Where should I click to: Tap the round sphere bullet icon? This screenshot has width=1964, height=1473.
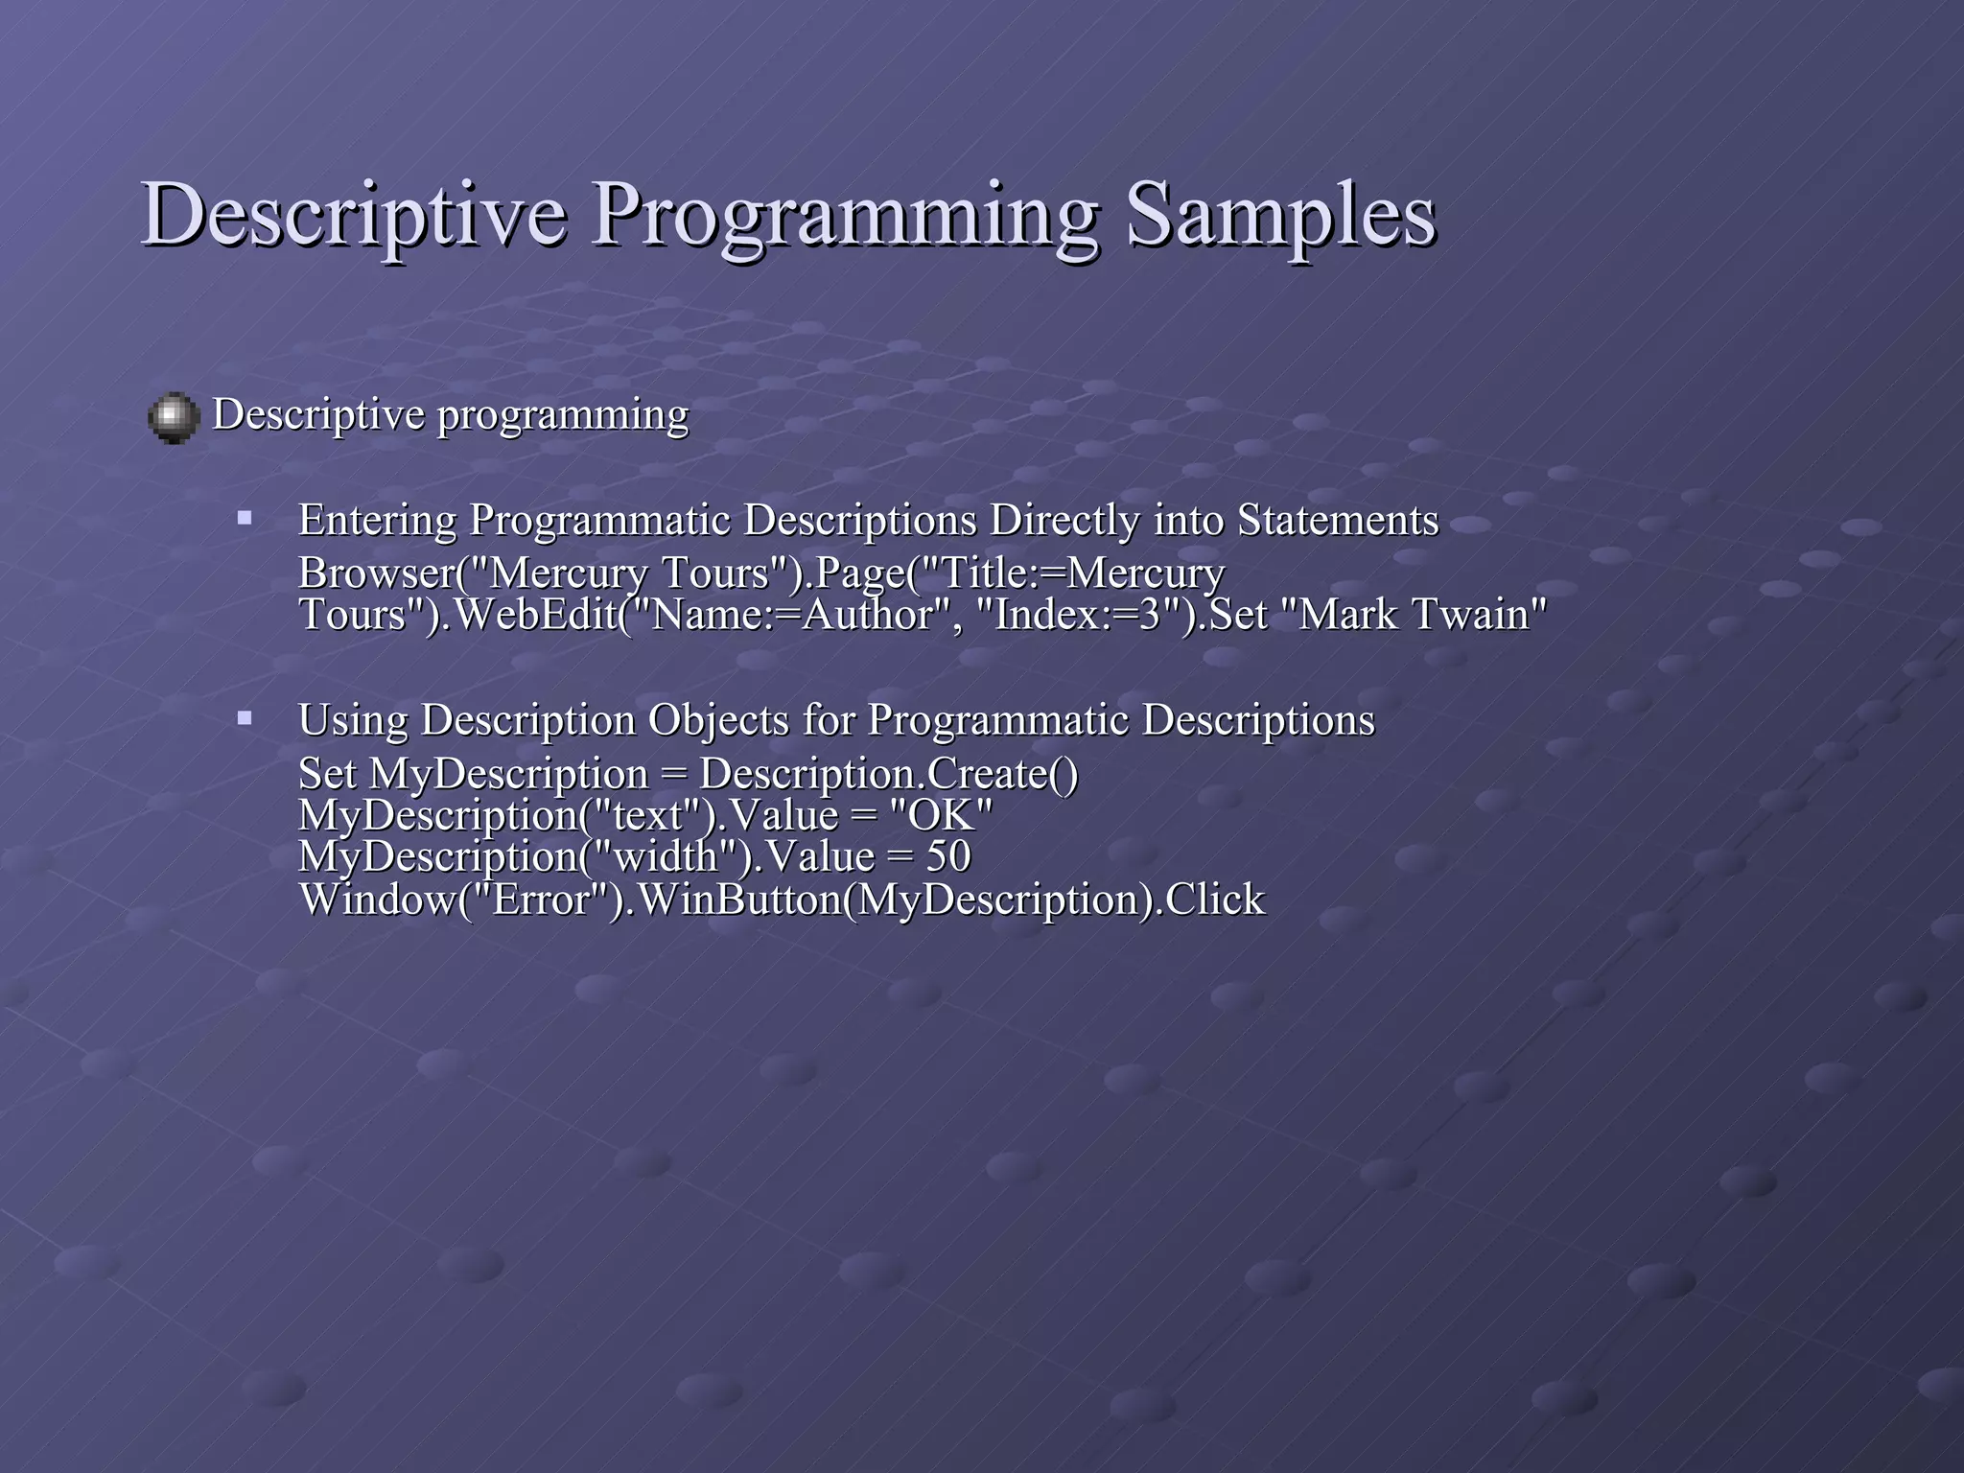pyautogui.click(x=174, y=418)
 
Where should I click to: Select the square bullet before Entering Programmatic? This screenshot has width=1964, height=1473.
pyautogui.click(x=245, y=519)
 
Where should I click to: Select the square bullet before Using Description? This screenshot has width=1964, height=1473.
pyautogui.click(x=245, y=717)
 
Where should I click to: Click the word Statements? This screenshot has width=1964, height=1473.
pyautogui.click(x=1338, y=521)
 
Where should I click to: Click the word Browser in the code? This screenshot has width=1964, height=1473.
pyautogui.click(x=375, y=573)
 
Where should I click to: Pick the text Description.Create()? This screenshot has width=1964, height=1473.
pyautogui.click(x=888, y=774)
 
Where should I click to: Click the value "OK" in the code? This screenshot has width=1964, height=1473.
pyautogui.click(x=941, y=816)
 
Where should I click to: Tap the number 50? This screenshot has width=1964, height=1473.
pyautogui.click(x=948, y=856)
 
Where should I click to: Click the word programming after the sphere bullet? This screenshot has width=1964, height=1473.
pyautogui.click(x=563, y=416)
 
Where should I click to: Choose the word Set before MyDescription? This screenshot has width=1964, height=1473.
pyautogui.click(x=326, y=774)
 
